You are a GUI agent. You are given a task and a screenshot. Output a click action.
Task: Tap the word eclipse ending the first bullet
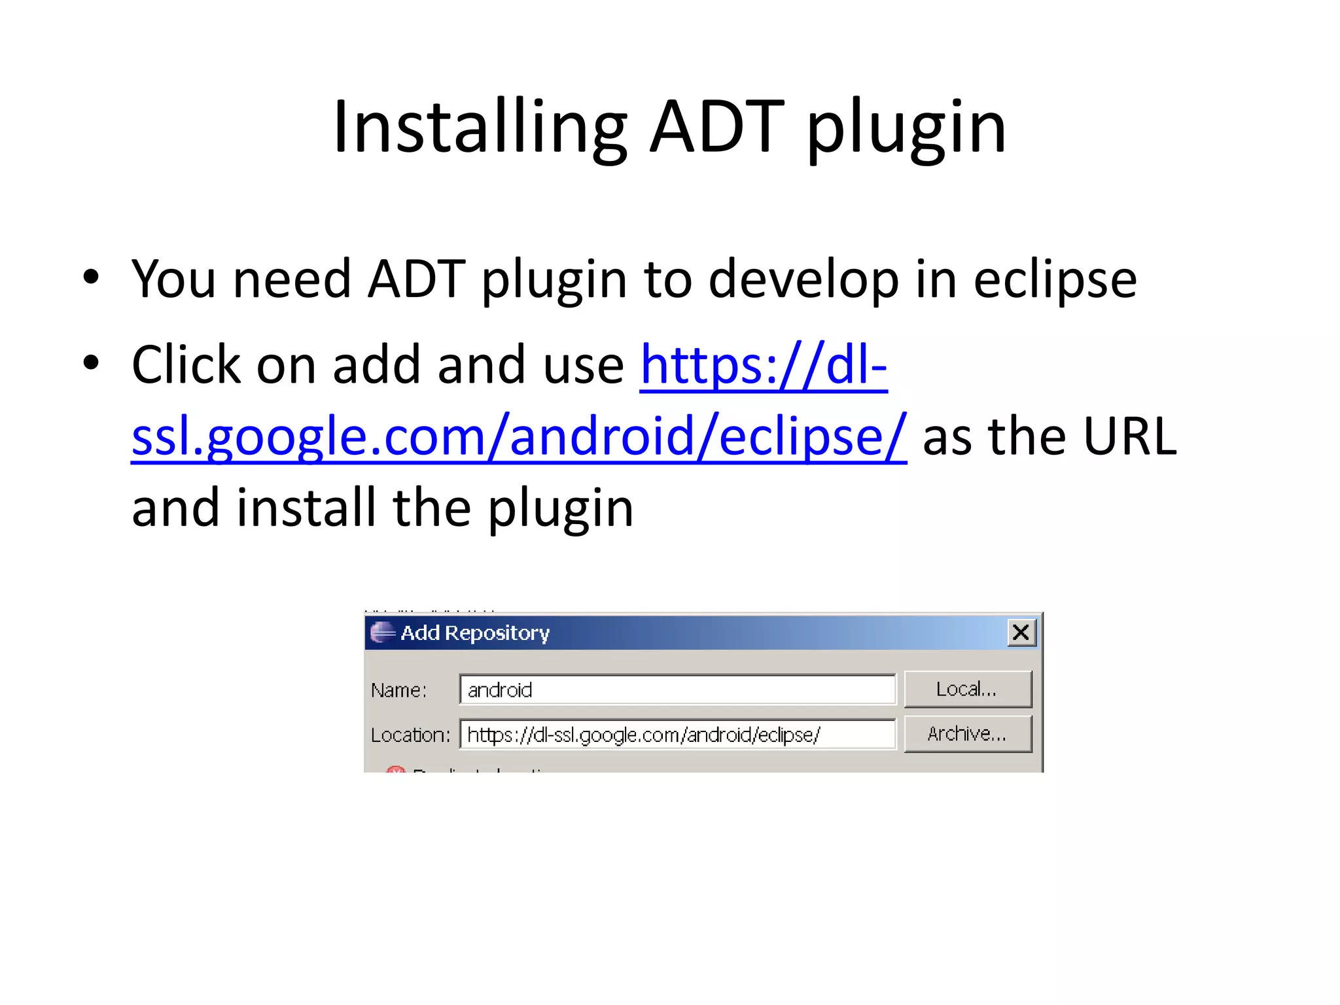pyautogui.click(x=1055, y=280)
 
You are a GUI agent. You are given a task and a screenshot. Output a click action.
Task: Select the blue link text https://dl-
pyautogui.click(x=764, y=365)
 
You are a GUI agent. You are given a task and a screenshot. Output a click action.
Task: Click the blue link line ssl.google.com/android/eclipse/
pyautogui.click(x=519, y=436)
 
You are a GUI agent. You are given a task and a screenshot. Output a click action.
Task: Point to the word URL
pyautogui.click(x=1129, y=436)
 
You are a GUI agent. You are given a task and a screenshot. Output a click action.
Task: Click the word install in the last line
pyautogui.click(x=307, y=508)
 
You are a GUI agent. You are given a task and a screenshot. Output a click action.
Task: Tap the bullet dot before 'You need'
pyautogui.click(x=92, y=277)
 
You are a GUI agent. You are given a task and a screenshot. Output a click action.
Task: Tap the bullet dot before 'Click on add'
pyautogui.click(x=92, y=362)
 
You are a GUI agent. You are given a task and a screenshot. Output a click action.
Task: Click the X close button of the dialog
pyautogui.click(x=1021, y=633)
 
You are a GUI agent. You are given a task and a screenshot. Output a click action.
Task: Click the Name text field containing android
pyautogui.click(x=677, y=690)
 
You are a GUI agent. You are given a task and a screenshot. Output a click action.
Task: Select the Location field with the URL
pyautogui.click(x=677, y=735)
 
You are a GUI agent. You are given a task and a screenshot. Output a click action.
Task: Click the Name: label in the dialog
pyautogui.click(x=398, y=690)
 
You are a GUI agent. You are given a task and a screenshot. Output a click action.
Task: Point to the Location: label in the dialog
pyautogui.click(x=410, y=735)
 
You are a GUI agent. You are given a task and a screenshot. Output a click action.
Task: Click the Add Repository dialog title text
pyautogui.click(x=475, y=633)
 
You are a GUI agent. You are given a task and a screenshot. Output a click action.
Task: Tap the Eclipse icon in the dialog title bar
pyautogui.click(x=382, y=633)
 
